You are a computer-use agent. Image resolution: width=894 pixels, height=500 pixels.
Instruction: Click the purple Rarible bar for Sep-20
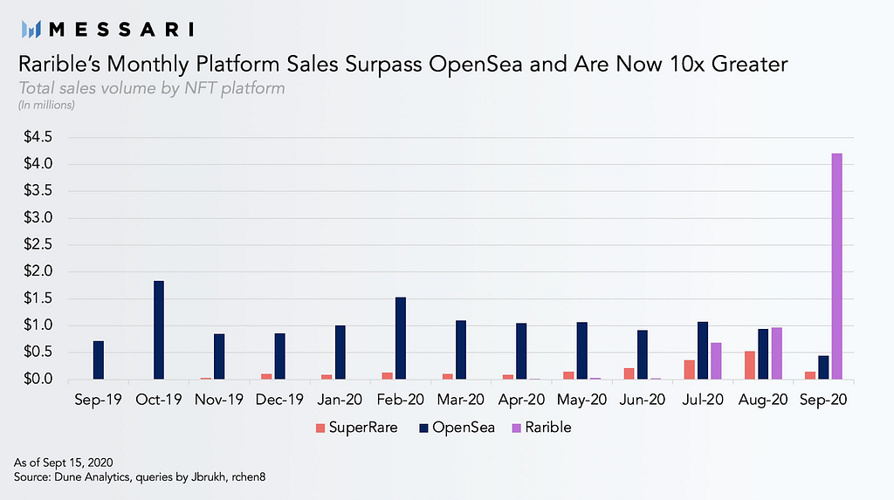pos(836,266)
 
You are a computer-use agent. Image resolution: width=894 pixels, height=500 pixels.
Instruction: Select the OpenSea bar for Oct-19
pos(159,330)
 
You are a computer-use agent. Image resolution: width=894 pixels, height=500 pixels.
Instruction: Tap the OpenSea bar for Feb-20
pos(400,338)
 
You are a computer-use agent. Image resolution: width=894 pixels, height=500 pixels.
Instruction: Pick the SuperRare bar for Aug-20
pos(750,365)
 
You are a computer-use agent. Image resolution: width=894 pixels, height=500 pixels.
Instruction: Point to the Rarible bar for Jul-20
pos(716,361)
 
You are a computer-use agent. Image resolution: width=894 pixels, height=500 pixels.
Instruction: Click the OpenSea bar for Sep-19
pos(98,360)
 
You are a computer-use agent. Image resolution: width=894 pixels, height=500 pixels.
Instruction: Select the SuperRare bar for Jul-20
pos(690,369)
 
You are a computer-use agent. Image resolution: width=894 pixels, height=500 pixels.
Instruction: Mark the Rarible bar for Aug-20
pos(776,353)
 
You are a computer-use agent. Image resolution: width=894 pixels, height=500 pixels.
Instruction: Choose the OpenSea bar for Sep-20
pos(823,367)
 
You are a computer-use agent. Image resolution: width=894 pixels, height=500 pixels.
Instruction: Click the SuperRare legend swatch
pos(320,428)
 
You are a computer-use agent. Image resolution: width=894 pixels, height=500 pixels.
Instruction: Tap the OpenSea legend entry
pos(457,428)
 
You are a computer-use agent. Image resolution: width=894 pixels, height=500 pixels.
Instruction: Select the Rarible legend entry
pos(541,428)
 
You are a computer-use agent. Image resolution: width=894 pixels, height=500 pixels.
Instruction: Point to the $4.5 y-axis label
pos(38,137)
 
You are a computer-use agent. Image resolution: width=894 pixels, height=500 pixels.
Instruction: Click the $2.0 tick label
pos(38,271)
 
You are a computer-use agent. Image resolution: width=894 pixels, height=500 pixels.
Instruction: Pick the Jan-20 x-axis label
pos(340,400)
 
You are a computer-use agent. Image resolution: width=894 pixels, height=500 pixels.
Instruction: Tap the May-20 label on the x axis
pos(581,400)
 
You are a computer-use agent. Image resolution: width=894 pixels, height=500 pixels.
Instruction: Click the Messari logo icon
pos(31,29)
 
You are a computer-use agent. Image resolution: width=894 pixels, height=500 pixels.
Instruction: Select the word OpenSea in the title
pos(476,65)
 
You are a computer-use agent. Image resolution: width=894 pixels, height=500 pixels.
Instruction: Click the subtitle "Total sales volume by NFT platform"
pos(152,88)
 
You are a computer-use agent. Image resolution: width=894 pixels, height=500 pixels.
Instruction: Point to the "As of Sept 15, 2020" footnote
pos(63,462)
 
